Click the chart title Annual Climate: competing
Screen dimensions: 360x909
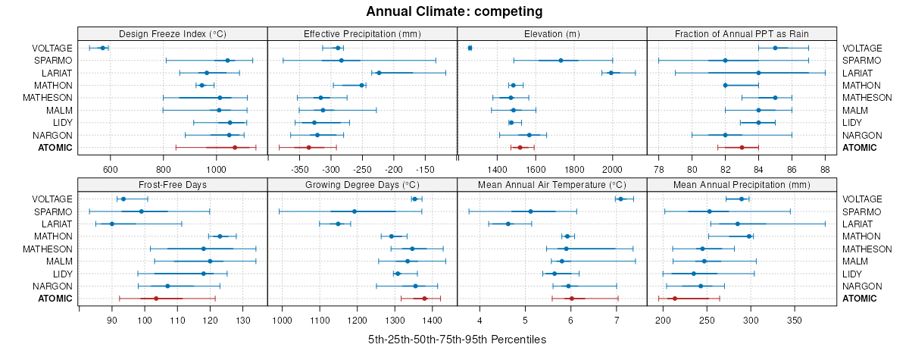click(x=454, y=11)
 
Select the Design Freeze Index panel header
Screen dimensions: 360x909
click(x=173, y=33)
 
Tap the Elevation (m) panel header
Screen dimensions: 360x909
click(x=551, y=33)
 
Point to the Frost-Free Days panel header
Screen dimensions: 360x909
click(x=173, y=184)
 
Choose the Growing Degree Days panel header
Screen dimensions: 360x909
click(x=362, y=184)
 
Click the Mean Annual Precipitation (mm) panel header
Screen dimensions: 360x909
click(x=742, y=184)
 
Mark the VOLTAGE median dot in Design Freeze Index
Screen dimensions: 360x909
click(x=103, y=48)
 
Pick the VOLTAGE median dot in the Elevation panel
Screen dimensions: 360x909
click(x=470, y=48)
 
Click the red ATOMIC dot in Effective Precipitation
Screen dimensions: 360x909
click(x=309, y=147)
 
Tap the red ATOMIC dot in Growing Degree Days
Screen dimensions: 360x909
click(x=424, y=298)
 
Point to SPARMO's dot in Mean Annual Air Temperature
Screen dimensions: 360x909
click(x=530, y=211)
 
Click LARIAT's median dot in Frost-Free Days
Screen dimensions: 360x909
click(x=112, y=224)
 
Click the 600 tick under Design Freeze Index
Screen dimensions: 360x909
click(x=110, y=168)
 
